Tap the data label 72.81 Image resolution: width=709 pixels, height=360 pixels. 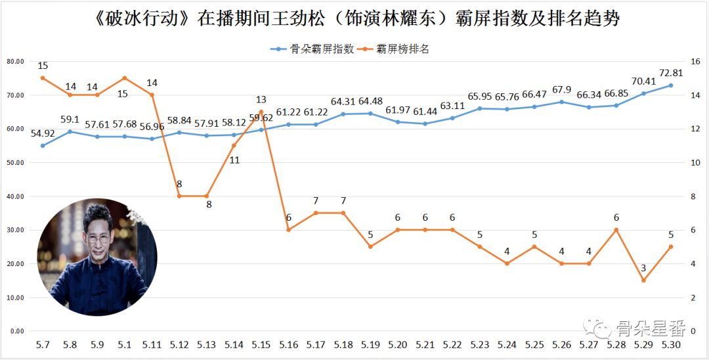(670, 73)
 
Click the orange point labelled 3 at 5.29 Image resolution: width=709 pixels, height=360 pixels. (643, 281)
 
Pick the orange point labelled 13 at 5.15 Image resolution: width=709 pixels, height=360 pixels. (261, 112)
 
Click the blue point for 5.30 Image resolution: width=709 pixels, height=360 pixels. (670, 85)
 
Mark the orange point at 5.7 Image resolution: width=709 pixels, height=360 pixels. (43, 78)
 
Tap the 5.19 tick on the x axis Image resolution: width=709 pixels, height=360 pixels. (370, 345)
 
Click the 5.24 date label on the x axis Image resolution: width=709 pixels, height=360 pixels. (506, 345)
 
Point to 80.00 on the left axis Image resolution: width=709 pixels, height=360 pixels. (14, 62)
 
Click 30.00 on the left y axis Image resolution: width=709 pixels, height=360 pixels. (14, 230)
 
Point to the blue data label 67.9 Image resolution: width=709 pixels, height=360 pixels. (561, 90)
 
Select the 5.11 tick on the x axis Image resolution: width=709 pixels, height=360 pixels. (152, 345)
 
